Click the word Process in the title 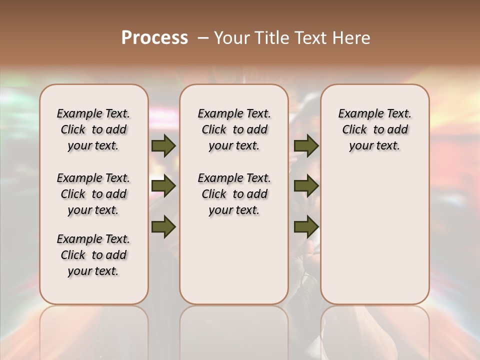(x=154, y=38)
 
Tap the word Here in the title (x=352, y=38)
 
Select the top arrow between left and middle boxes (x=163, y=146)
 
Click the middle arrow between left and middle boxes (x=163, y=186)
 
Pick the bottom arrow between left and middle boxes (x=163, y=226)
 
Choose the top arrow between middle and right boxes (x=306, y=146)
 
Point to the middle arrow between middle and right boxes (x=306, y=186)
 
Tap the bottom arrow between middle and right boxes (x=306, y=226)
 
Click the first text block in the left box (x=93, y=129)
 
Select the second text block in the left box (x=93, y=194)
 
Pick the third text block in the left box (x=93, y=255)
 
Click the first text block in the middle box (x=234, y=129)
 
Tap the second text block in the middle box (x=234, y=194)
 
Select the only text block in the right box (x=375, y=129)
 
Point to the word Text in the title (x=313, y=38)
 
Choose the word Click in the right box (x=354, y=130)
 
